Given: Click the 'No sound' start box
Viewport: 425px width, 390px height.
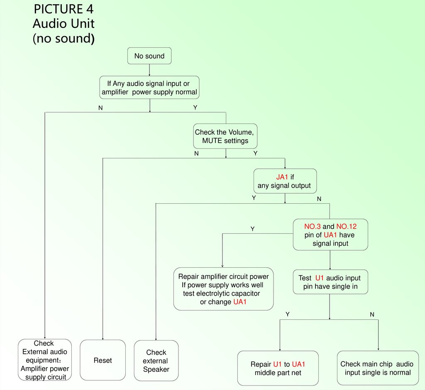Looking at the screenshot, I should click(x=149, y=56).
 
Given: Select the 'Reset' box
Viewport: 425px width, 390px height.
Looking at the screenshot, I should click(x=103, y=360).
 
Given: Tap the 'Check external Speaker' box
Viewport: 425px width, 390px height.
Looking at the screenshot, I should click(x=156, y=360).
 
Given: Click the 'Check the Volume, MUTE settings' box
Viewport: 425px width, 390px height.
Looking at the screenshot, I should click(x=225, y=136).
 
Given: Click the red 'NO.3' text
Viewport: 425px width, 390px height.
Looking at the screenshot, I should click(x=312, y=227).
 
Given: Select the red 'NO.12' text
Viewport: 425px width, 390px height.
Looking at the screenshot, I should click(x=346, y=227).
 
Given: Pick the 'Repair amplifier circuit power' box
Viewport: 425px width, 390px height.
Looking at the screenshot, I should click(x=223, y=289).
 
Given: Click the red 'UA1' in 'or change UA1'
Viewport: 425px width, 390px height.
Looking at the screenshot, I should click(x=240, y=302).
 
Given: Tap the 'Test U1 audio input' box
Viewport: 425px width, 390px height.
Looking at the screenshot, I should click(x=330, y=282).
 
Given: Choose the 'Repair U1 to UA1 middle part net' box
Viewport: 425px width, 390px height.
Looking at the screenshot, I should click(x=278, y=368).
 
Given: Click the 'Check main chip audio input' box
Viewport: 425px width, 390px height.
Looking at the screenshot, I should click(x=377, y=368).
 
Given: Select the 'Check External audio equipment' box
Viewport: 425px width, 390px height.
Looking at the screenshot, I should click(x=45, y=360).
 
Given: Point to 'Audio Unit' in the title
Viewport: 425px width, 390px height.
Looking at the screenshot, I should click(x=64, y=23).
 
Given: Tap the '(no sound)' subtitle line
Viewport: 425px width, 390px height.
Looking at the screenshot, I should click(x=64, y=38).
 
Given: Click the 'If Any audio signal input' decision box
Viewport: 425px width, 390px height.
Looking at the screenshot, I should click(x=149, y=88).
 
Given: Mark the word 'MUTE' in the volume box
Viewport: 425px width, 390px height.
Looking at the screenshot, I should click(x=212, y=141).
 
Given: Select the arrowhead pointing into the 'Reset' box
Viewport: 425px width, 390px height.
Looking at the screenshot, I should click(x=103, y=338).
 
